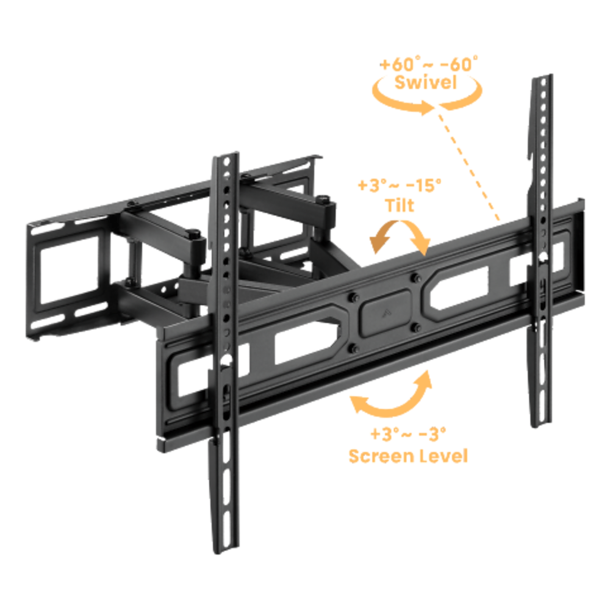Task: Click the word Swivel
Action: coord(426,82)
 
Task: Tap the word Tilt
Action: coord(400,205)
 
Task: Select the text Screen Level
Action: coord(408,456)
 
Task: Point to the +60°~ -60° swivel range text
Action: coord(429,64)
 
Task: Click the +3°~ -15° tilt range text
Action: coord(400,185)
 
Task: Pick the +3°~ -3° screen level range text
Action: coord(408,434)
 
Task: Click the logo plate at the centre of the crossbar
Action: coord(385,312)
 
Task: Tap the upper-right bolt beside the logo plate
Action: coord(416,278)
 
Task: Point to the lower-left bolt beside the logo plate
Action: coord(354,348)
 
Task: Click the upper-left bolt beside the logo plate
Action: coord(353,298)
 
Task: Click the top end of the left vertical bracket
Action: coord(226,156)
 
